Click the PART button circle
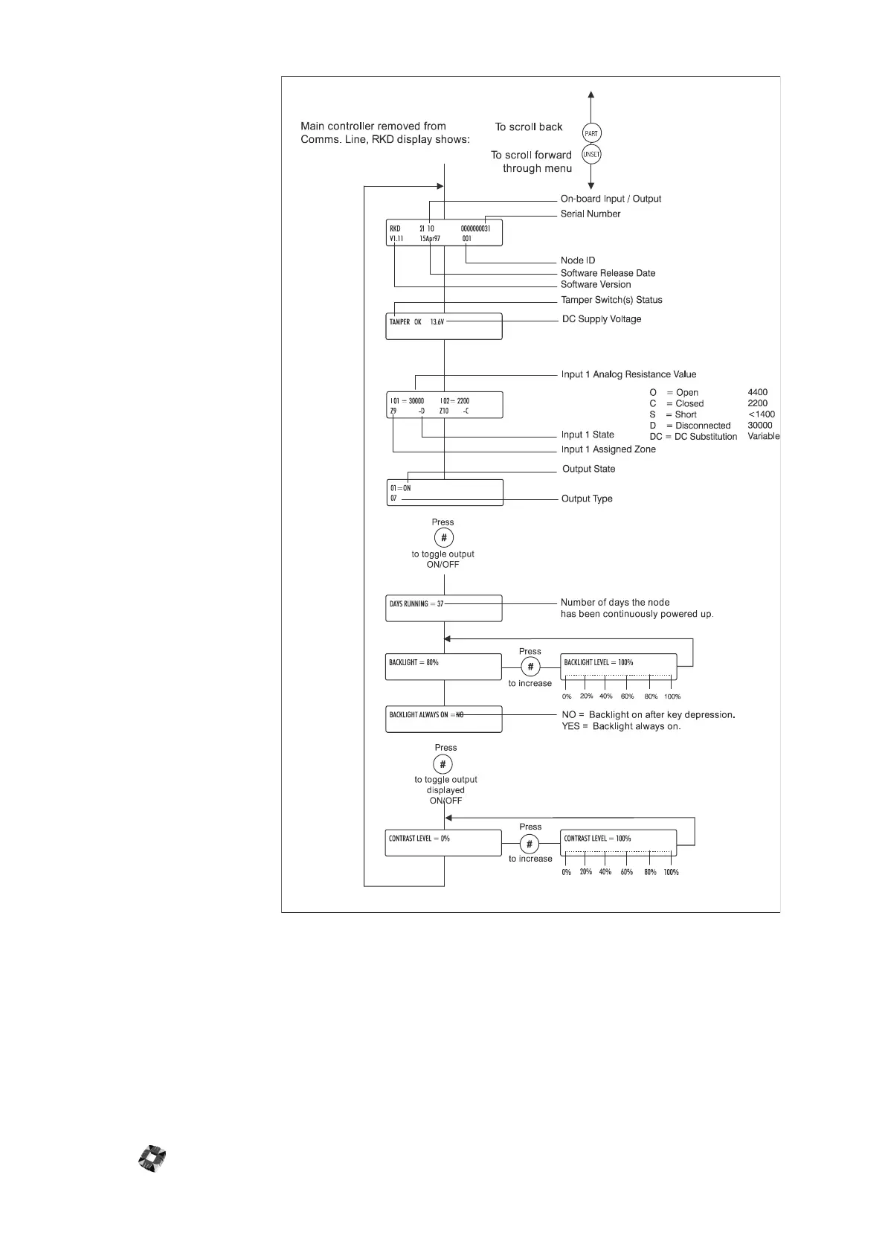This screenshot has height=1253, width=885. pos(591,133)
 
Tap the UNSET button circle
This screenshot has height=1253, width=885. pos(591,155)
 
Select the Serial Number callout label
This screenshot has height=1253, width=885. pos(590,214)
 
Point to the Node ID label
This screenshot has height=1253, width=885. pos(578,260)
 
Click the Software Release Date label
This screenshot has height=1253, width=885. pos(608,273)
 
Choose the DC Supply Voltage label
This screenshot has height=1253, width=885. pos(602,319)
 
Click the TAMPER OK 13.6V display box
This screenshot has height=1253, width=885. pos(443,326)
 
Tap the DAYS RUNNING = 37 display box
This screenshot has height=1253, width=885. pos(443,608)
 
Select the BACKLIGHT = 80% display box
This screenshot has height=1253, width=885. pos(443,667)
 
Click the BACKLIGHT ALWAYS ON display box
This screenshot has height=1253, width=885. pos(443,719)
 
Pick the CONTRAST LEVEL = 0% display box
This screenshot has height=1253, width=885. pos(443,843)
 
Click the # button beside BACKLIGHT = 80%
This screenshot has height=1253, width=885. pos(530,667)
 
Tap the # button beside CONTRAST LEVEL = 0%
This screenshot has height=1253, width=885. pos(530,844)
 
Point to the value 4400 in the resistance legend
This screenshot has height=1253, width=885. pos(758,392)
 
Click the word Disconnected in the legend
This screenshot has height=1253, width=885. pos(703,426)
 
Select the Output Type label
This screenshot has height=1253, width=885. pos(587,499)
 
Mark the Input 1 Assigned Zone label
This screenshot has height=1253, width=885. pos(608,449)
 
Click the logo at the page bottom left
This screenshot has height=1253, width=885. pos(152,1159)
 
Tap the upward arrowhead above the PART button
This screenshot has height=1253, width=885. pos(591,95)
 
